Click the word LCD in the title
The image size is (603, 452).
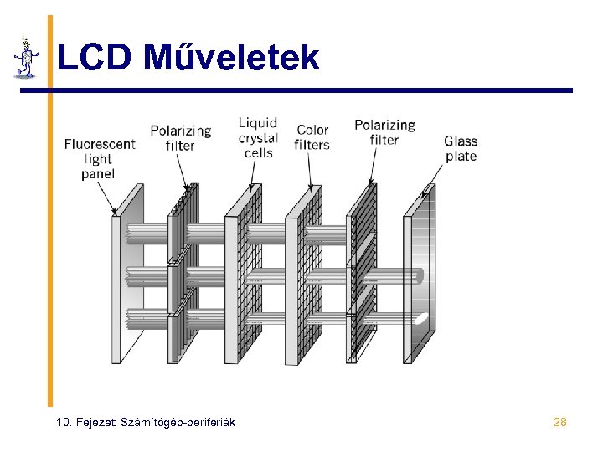click(x=95, y=57)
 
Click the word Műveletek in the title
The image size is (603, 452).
click(x=231, y=57)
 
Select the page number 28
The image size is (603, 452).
click(x=560, y=422)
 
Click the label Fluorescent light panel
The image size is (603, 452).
click(x=99, y=159)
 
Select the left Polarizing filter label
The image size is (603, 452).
click(x=180, y=138)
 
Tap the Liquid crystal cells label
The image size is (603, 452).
click(x=258, y=138)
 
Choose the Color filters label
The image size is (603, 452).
click(x=312, y=137)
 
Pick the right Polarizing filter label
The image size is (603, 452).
click(x=384, y=132)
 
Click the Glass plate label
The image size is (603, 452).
click(x=460, y=149)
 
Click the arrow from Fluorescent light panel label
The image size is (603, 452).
click(x=108, y=199)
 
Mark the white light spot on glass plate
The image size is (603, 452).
click(x=424, y=318)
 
